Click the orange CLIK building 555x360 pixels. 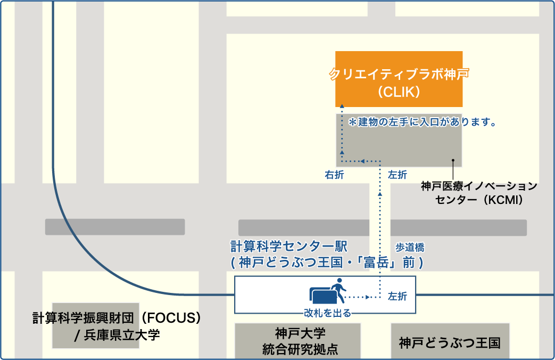399,79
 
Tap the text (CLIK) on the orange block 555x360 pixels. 399,92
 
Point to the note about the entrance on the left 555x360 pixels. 423,122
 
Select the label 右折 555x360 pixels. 334,175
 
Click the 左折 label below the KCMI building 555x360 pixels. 397,175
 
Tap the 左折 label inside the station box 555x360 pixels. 397,296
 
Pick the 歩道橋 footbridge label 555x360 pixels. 410,247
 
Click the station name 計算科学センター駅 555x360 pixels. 289,246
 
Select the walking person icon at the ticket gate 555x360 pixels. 338,291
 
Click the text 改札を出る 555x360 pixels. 327,313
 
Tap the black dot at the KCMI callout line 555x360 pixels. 453,160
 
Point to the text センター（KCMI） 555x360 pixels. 479,200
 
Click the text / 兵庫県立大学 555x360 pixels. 117,335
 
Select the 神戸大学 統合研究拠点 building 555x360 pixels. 297,341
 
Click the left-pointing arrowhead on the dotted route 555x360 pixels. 362,161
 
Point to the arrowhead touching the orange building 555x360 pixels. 342,106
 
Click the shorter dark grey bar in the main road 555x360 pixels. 115,227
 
